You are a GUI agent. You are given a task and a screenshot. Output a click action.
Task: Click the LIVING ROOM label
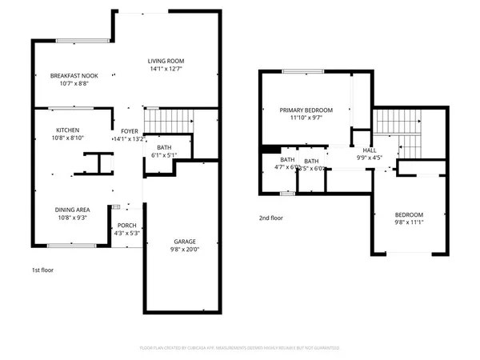166,61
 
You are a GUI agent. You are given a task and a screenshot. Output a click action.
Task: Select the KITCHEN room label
67,130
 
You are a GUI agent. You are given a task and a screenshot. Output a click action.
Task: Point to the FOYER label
129,130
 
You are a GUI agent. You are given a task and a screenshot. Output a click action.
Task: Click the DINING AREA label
72,210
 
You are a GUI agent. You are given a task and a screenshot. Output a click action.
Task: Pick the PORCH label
127,226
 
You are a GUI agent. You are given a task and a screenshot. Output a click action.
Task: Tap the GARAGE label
185,241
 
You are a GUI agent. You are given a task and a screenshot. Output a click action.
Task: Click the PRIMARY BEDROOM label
306,110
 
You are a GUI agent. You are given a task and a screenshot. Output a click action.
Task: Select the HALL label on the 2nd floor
370,150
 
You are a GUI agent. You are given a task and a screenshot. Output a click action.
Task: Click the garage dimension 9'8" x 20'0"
185,249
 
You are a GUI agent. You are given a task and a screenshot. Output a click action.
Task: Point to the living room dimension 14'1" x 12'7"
166,69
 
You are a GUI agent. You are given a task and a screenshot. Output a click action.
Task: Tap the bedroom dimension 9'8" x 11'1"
409,223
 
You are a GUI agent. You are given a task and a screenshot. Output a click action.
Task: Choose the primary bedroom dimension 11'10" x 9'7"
306,118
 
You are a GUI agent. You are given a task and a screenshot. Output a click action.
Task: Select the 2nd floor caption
271,218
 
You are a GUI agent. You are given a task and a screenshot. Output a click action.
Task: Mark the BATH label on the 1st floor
164,147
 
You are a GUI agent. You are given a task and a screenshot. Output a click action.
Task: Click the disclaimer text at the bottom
240,348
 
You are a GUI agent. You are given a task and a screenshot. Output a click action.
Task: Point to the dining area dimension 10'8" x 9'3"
72,218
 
